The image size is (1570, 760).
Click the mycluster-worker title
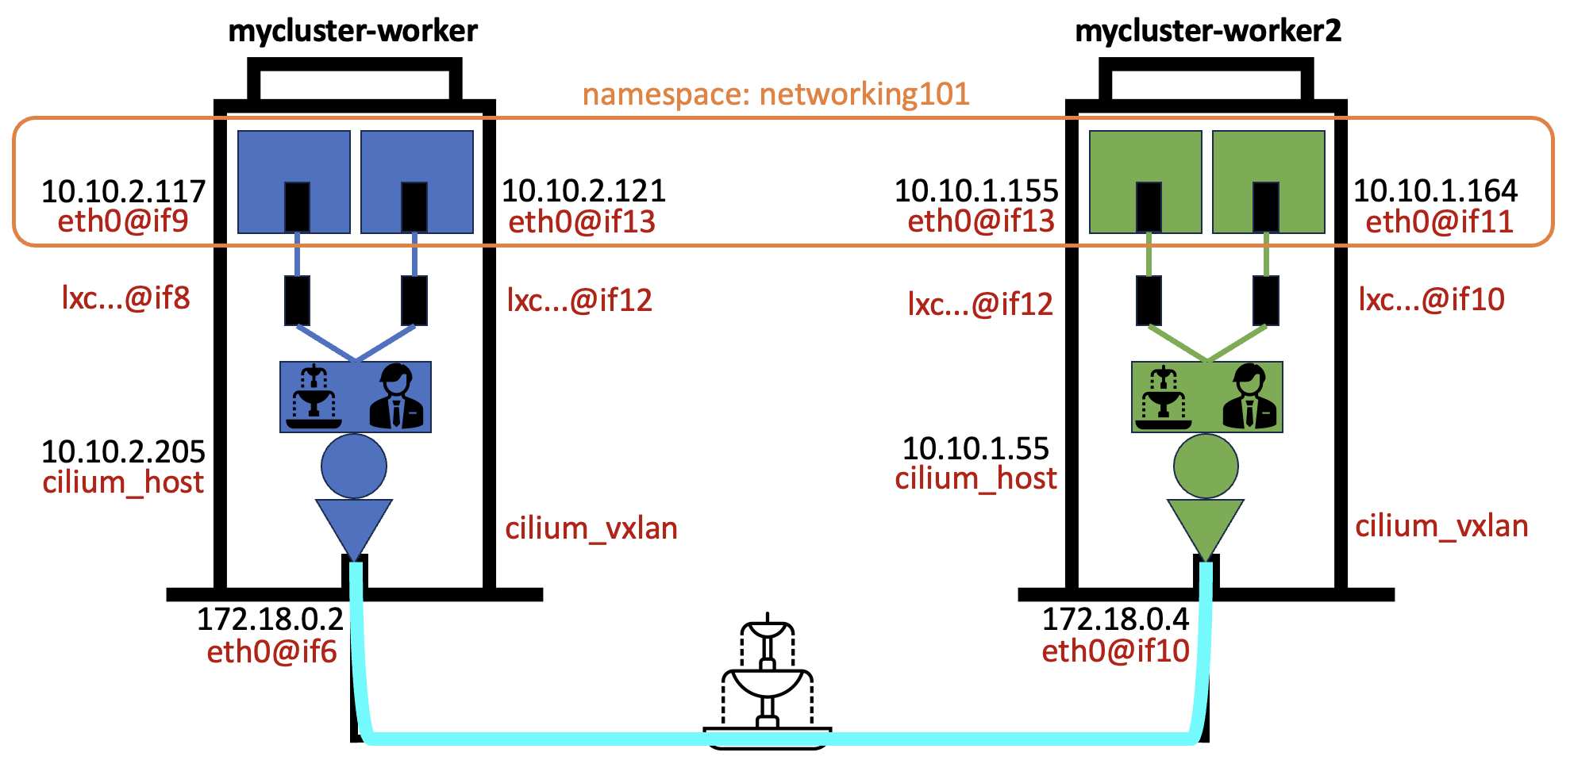tap(353, 31)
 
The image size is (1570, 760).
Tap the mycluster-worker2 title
tap(1207, 31)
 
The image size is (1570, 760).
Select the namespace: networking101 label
tap(775, 94)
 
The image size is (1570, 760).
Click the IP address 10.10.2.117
tap(123, 191)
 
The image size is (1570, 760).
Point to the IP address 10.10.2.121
tap(583, 191)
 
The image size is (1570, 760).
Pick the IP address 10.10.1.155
tap(976, 191)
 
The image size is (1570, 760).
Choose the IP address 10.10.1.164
tap(1435, 191)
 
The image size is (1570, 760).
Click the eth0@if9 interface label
tap(123, 221)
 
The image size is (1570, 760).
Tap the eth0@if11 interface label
tap(1439, 222)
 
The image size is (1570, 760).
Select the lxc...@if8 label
tap(126, 298)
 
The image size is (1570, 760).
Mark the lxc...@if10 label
tap(1431, 300)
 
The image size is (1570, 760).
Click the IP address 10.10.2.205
tap(123, 451)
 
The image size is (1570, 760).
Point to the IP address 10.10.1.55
tap(975, 449)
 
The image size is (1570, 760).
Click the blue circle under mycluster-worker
tap(354, 466)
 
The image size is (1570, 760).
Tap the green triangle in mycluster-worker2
tap(1205, 524)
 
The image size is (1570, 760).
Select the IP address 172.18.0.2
tap(270, 620)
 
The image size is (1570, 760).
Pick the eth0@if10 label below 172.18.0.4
tap(1115, 651)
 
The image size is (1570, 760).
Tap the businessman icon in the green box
tap(1249, 396)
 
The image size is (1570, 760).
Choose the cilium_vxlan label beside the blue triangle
tap(591, 528)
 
